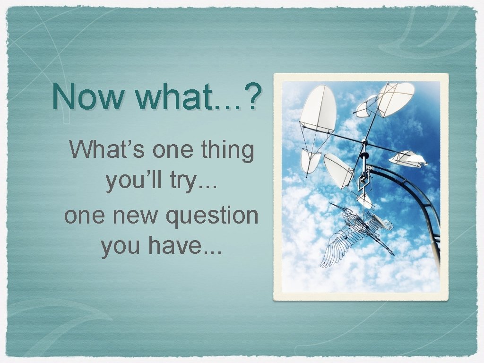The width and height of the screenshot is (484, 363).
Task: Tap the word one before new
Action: [83, 216]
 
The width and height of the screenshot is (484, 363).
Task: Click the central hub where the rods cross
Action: [364, 142]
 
